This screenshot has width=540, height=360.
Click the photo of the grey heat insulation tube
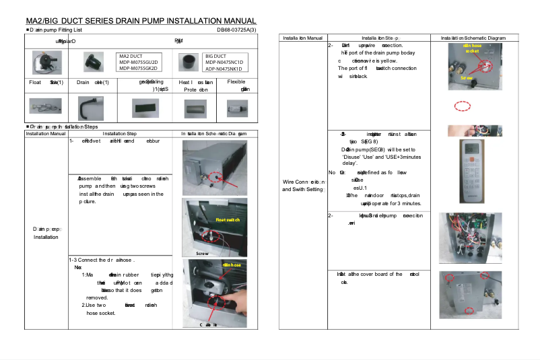point(198,107)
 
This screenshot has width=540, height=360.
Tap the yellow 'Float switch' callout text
point(227,220)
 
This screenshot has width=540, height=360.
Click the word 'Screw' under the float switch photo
point(204,253)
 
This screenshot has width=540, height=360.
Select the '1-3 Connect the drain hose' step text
point(102,260)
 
